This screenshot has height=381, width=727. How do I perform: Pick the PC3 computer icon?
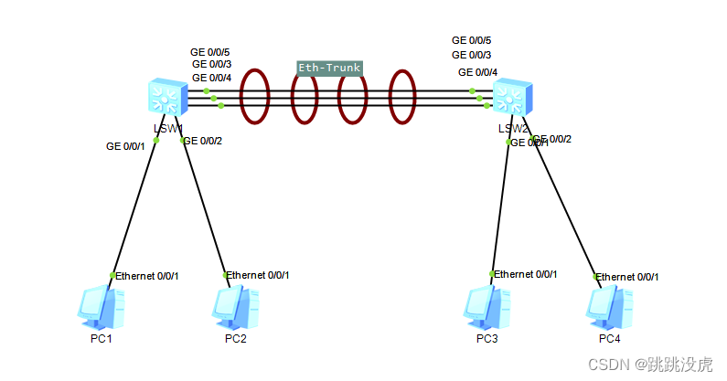[x=486, y=307]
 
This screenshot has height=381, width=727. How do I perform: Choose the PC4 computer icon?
[x=608, y=307]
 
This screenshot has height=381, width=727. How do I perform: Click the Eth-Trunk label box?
[x=330, y=68]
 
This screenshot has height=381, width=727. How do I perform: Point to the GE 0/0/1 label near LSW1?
[x=125, y=146]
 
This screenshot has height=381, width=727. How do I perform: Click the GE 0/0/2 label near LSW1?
[x=203, y=140]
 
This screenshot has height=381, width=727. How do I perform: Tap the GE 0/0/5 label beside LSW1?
[x=210, y=52]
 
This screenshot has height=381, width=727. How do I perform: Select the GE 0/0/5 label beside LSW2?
[x=472, y=40]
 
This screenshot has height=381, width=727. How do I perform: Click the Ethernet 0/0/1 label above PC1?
[x=147, y=276]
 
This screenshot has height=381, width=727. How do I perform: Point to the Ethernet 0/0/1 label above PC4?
[x=627, y=277]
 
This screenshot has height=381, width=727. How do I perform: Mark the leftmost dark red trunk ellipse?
[x=255, y=96]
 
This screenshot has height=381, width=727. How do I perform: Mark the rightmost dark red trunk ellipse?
[x=402, y=96]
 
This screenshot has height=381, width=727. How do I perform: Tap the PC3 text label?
[x=487, y=339]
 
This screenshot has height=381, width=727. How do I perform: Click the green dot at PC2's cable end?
[x=226, y=275]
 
